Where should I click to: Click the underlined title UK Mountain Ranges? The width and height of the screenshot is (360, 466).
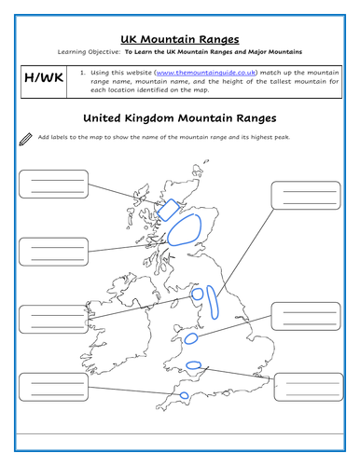(x=179, y=39)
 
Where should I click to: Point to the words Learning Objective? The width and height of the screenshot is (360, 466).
(x=87, y=52)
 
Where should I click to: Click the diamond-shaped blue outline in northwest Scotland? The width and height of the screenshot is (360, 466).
(x=168, y=209)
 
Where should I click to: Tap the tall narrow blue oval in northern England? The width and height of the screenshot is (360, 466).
(x=215, y=299)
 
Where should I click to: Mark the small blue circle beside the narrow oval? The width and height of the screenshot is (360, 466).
(x=198, y=295)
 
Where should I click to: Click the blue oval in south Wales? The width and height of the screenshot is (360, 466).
(x=193, y=364)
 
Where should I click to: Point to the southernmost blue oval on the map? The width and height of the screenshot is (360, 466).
(x=184, y=396)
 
